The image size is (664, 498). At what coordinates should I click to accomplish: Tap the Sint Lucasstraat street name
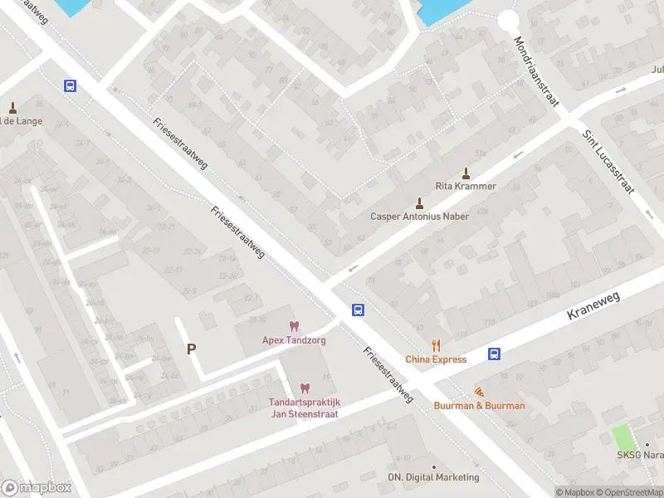point(608,162)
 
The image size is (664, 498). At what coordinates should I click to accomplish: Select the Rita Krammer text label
point(466,186)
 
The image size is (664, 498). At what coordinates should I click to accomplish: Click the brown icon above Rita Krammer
point(466,173)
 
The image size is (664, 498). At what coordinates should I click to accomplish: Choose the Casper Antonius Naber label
point(419,217)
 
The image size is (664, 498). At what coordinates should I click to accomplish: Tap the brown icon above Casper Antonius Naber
point(419,203)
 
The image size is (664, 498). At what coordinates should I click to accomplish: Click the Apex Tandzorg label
point(294,340)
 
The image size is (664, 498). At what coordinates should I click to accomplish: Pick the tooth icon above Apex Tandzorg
point(293,326)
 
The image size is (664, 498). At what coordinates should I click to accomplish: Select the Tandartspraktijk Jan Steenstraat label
point(304,408)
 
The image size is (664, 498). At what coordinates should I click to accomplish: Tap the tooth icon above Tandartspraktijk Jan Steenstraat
point(304,388)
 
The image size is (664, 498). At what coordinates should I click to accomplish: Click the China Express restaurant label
point(436,359)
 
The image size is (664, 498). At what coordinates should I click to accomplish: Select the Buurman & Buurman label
point(479,406)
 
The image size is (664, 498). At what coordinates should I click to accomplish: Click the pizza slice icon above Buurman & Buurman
point(479,391)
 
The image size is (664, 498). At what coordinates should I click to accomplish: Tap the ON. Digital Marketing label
point(433,477)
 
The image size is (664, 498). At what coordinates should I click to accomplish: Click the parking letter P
point(191,349)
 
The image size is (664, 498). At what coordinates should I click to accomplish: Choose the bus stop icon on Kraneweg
point(495,354)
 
